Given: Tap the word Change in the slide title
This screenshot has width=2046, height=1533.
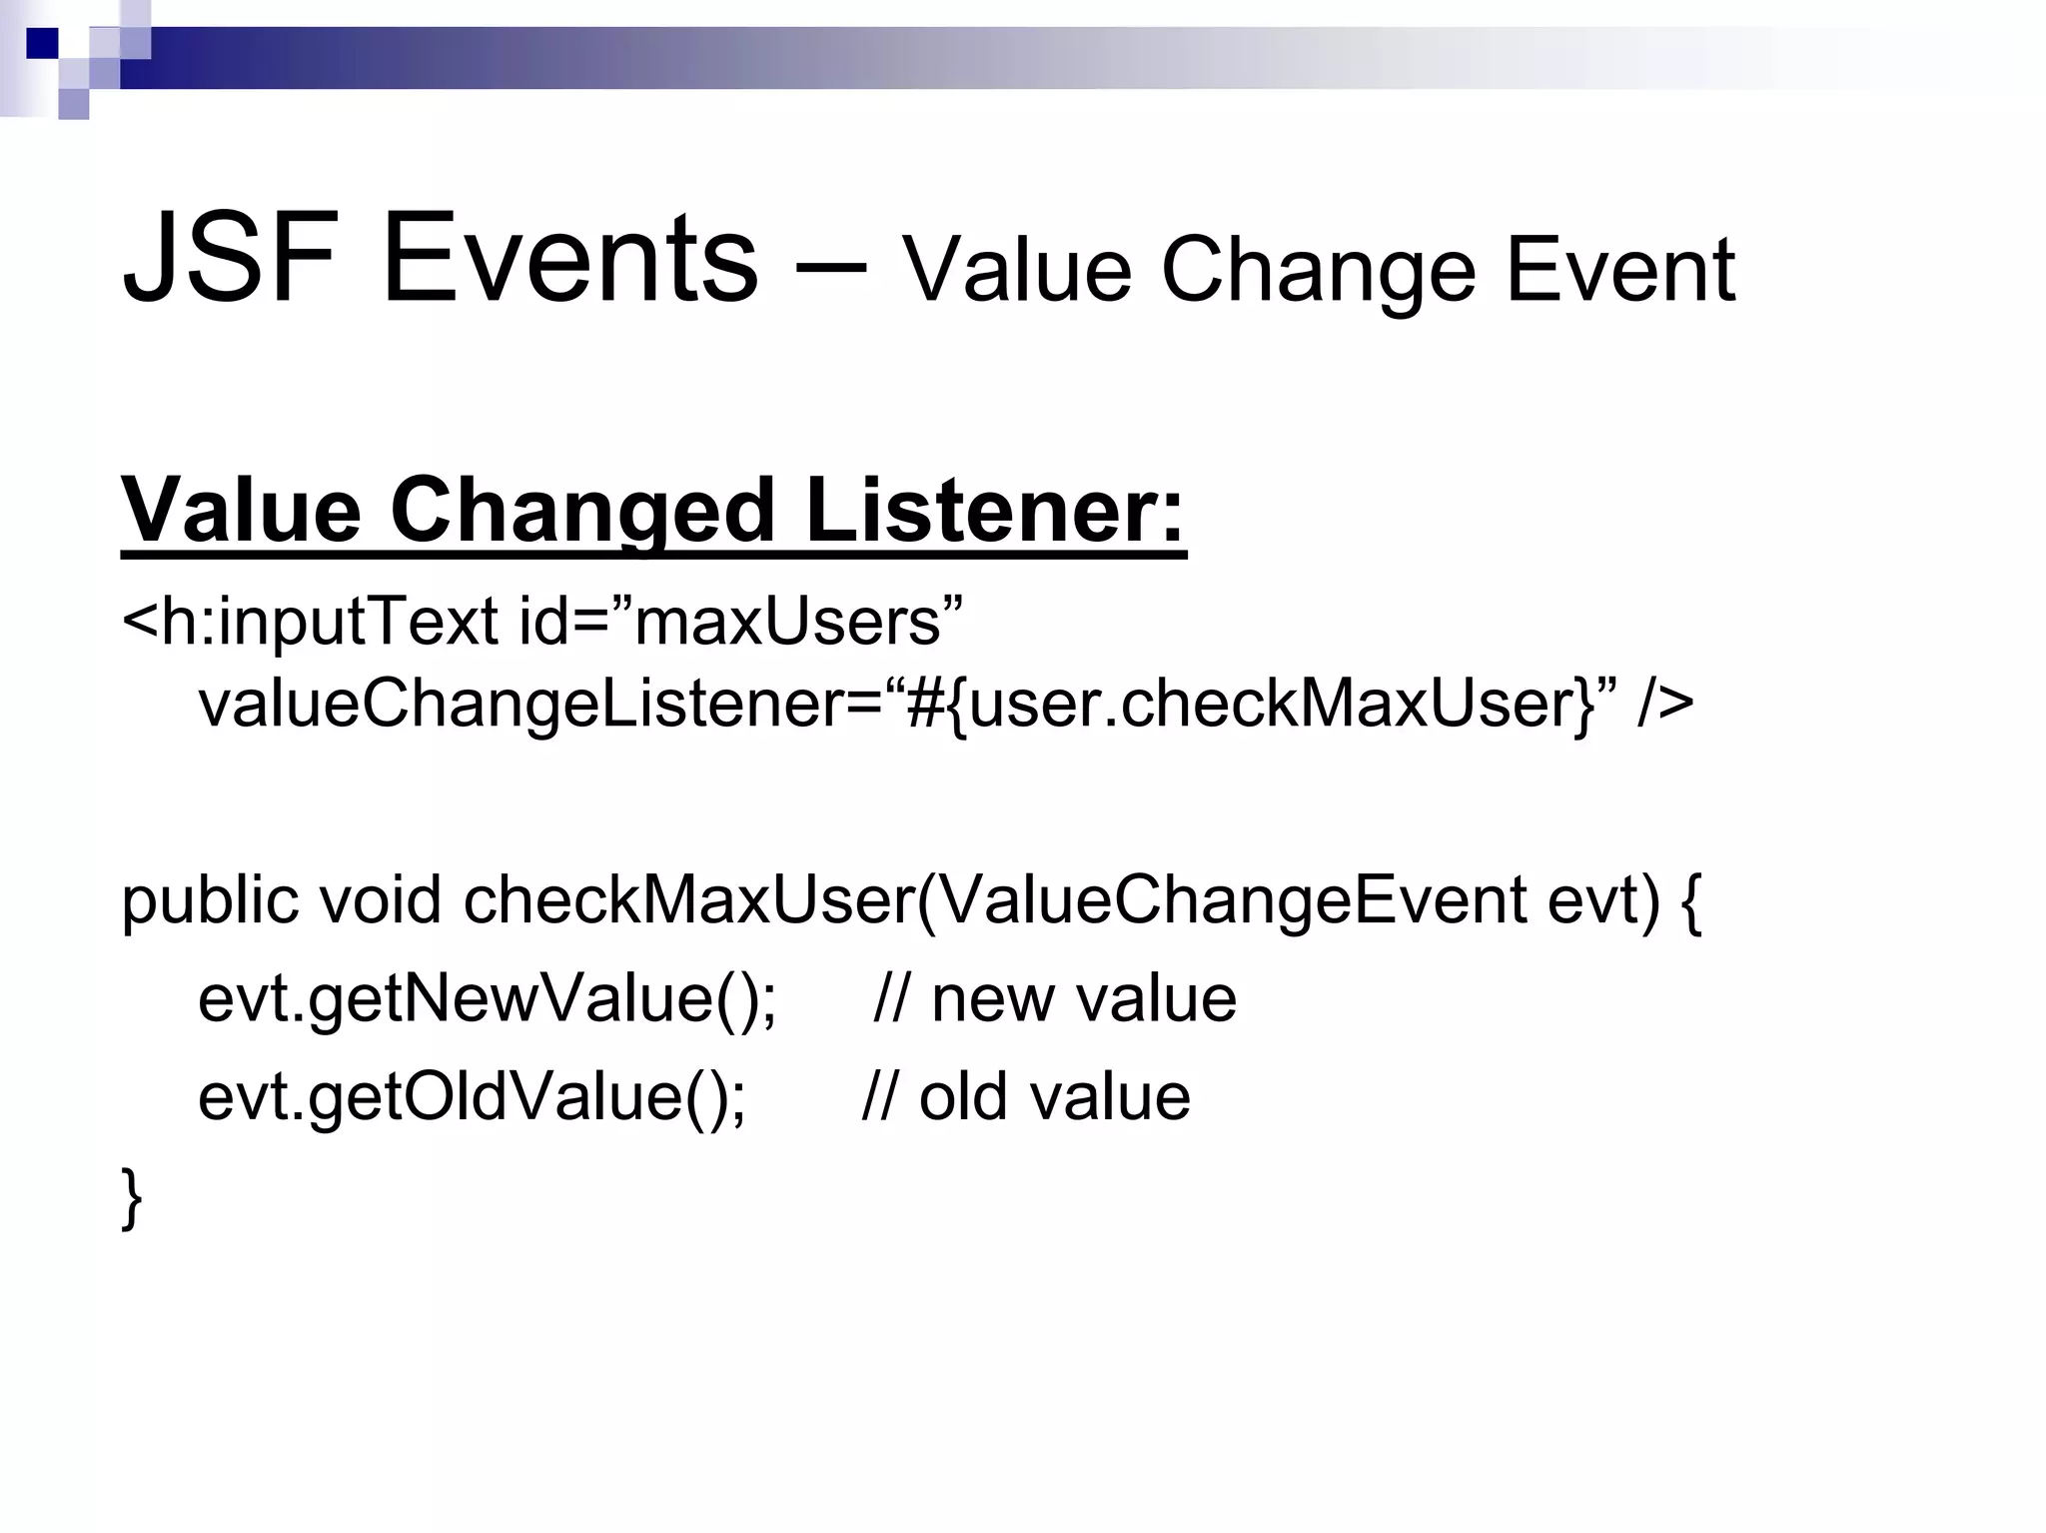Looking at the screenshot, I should (1318, 272).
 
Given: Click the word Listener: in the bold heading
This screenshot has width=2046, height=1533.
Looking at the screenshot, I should (994, 512).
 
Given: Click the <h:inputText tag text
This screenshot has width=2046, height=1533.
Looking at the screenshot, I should (310, 622).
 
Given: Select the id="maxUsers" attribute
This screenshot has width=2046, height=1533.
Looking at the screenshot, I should (740, 622).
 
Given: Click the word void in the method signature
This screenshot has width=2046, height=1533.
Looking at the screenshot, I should (380, 899).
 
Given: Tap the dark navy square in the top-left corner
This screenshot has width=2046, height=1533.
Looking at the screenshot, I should (42, 43).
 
